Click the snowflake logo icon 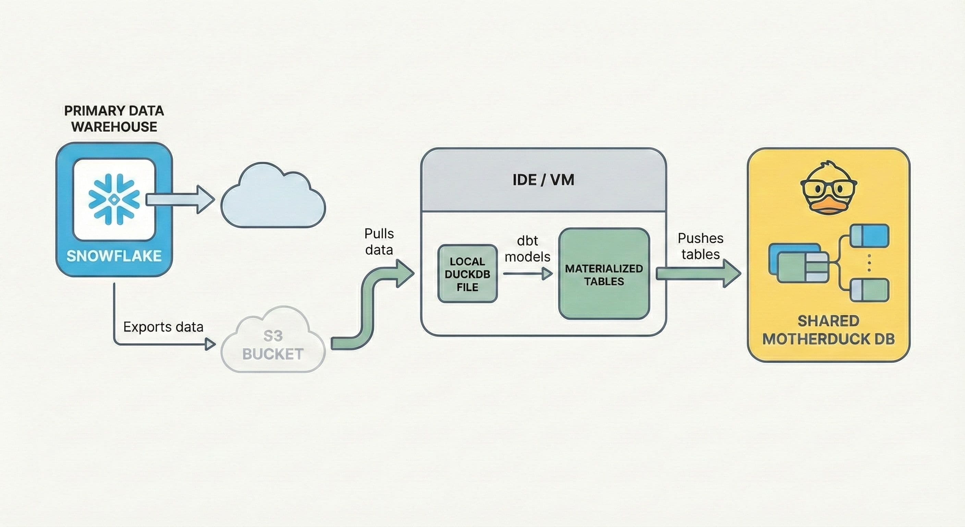(114, 199)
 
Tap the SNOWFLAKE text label (114, 256)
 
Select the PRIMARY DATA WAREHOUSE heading (114, 118)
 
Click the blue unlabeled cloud (273, 199)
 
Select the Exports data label (163, 327)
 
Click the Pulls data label (379, 242)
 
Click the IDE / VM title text (543, 180)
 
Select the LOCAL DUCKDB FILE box (467, 274)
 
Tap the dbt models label (527, 248)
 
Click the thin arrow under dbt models (527, 274)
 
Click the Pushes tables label (700, 246)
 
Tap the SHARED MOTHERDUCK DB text (828, 330)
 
